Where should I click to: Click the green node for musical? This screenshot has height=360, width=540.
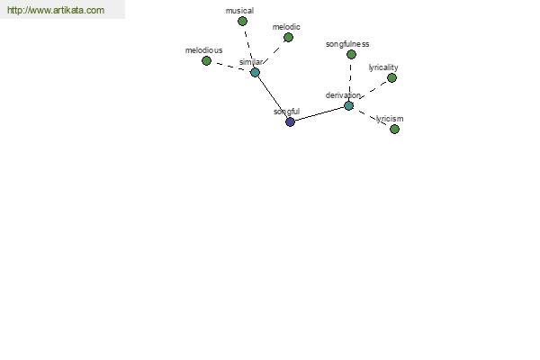(x=242, y=22)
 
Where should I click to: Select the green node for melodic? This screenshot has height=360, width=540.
(x=288, y=37)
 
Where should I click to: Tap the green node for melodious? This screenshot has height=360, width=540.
(x=206, y=61)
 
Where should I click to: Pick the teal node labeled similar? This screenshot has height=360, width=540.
(x=255, y=72)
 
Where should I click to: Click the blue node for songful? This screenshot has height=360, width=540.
(x=291, y=122)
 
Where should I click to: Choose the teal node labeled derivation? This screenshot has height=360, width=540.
(x=349, y=106)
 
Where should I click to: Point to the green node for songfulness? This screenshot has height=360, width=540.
(x=351, y=54)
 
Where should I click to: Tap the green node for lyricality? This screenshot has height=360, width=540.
(x=391, y=78)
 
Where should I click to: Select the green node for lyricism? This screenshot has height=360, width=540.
(x=395, y=130)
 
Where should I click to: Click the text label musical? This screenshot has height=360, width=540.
(x=239, y=11)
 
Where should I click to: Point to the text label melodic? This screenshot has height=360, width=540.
(x=286, y=27)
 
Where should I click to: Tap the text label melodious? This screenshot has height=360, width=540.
(x=204, y=50)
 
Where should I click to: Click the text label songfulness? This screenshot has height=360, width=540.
(x=347, y=44)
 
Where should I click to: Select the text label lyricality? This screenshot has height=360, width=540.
(x=383, y=67)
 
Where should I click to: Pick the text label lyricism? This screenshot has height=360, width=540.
(x=390, y=119)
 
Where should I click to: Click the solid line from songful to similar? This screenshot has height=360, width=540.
(x=273, y=97)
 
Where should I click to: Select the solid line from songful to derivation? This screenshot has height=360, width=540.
(x=319, y=114)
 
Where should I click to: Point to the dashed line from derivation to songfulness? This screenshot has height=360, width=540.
(x=350, y=80)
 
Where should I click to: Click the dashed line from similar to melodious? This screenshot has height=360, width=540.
(x=230, y=67)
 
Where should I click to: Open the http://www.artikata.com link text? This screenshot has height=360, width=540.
(x=56, y=10)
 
